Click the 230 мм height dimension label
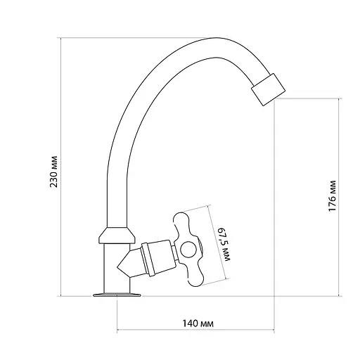coord(53,172)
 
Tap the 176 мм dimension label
coord(332,195)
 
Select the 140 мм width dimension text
coord(198,323)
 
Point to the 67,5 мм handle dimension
coord(224,244)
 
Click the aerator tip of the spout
coord(268,89)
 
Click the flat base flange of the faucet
coord(117,295)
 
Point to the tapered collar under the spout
coord(117,236)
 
